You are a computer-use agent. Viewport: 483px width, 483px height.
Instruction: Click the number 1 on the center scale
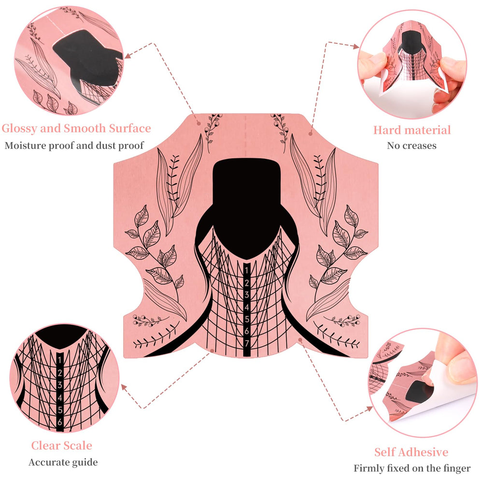246,270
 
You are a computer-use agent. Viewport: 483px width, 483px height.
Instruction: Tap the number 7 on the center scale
246,343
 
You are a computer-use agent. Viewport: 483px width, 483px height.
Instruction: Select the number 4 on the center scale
246,307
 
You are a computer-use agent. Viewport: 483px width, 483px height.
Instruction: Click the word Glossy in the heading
19,128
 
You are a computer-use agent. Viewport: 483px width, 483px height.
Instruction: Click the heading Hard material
412,129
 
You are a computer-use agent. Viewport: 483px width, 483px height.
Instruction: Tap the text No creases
412,145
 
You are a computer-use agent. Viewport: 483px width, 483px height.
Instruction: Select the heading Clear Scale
62,445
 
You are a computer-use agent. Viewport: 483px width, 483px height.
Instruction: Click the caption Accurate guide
63,462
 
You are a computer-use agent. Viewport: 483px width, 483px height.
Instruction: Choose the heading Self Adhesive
411,452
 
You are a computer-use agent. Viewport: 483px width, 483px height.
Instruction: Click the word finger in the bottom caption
457,469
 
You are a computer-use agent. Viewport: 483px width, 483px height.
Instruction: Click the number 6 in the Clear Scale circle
60,422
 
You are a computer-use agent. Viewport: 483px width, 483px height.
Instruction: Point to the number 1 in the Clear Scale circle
59,360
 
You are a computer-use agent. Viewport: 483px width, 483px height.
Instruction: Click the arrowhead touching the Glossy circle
128,56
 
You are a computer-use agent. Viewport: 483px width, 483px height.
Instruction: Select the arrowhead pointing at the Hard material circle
355,46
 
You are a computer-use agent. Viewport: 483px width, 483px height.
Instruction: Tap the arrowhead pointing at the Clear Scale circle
125,388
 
